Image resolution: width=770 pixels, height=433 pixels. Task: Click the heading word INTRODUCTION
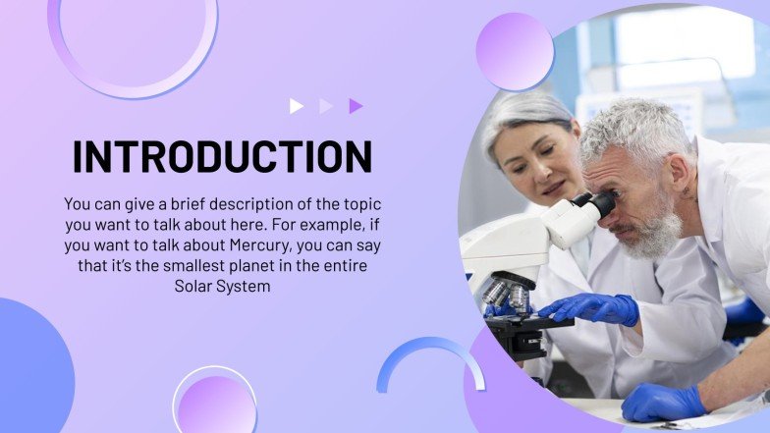pyautogui.click(x=222, y=157)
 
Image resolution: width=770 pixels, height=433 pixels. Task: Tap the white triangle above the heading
pyautogui.click(x=297, y=106)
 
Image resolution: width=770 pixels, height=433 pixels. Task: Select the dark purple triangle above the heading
pyautogui.click(x=356, y=106)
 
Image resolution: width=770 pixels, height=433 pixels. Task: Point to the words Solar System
pyautogui.click(x=222, y=287)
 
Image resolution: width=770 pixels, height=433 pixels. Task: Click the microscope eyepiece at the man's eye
pyautogui.click(x=601, y=204)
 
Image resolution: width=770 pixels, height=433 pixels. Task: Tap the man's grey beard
pyautogui.click(x=653, y=236)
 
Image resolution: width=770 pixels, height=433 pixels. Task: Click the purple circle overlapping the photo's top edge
pyautogui.click(x=515, y=51)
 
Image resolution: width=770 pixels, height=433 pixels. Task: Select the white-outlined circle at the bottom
pyautogui.click(x=215, y=403)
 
